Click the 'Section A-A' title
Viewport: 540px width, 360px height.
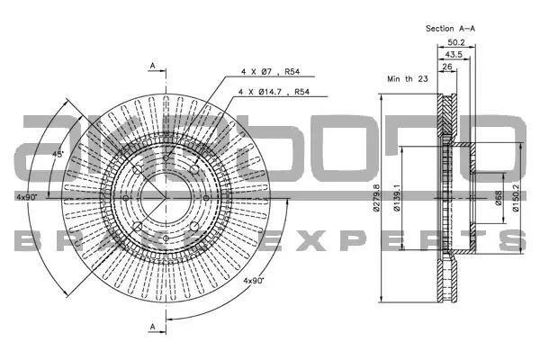coord(450,29)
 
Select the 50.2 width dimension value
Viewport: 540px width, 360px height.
coord(456,42)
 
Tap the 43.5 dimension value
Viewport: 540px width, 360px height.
coord(454,54)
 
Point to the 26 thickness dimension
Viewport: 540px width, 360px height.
coord(447,67)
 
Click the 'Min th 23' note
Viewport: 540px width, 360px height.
coord(408,79)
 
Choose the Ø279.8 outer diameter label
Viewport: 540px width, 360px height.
coord(376,198)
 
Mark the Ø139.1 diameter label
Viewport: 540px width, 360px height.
coord(397,198)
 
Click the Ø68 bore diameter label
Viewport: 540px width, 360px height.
coord(499,198)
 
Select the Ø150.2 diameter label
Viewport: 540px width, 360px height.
coord(516,198)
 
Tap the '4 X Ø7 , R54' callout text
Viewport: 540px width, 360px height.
coord(270,72)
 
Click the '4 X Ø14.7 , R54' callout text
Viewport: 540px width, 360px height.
coord(274,92)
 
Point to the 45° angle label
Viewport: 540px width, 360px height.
coord(58,154)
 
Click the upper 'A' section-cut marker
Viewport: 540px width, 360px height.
coord(153,66)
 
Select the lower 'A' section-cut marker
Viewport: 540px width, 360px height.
coord(153,327)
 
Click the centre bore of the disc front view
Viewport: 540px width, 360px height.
coord(166,198)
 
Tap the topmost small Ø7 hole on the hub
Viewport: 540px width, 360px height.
coord(166,158)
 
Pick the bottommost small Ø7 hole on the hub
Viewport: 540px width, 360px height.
coord(166,238)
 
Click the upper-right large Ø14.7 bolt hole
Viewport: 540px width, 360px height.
coord(194,169)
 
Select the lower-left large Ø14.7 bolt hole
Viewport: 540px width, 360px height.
coord(138,226)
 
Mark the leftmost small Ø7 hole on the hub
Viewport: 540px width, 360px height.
coord(126,198)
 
